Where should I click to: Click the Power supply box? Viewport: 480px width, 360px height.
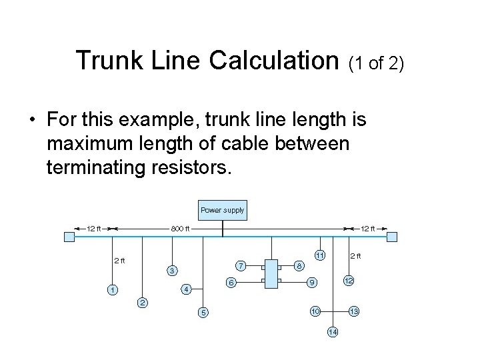pos(223,211)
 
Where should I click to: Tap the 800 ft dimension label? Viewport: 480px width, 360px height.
pos(180,229)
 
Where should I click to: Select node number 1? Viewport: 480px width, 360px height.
pos(113,290)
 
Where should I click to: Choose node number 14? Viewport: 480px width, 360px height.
pos(333,332)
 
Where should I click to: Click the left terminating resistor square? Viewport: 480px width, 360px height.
pos(69,237)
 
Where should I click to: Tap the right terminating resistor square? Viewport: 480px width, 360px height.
pos(392,237)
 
